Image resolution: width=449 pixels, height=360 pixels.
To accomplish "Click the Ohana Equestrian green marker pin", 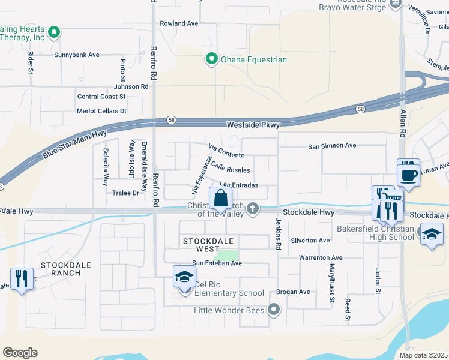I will tap(211, 59).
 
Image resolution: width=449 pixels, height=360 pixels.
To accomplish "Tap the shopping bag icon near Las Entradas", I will tap(220, 198).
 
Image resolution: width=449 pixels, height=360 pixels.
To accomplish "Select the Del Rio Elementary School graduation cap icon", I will tap(185, 277).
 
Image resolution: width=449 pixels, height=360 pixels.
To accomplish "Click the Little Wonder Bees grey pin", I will tap(274, 310).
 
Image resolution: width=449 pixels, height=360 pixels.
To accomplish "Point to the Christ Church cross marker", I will tap(253, 209).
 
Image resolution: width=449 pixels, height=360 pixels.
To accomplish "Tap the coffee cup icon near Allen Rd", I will tap(409, 175).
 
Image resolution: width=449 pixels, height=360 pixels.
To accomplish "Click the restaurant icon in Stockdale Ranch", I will tap(21, 279).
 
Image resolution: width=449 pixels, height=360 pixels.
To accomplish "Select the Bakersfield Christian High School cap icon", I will tap(431, 234).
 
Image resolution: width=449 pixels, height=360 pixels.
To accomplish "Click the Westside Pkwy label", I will tap(253, 125).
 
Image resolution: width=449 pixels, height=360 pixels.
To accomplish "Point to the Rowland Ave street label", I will tap(179, 23).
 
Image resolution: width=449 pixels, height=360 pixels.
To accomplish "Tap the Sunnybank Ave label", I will tap(77, 55).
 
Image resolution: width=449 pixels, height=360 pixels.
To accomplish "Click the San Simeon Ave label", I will tap(332, 146).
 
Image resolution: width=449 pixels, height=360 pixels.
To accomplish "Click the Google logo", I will tap(20, 353).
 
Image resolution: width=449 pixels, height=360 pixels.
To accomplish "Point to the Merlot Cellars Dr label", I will tap(101, 111).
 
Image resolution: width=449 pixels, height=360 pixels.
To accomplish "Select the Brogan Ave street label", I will tap(293, 292).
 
